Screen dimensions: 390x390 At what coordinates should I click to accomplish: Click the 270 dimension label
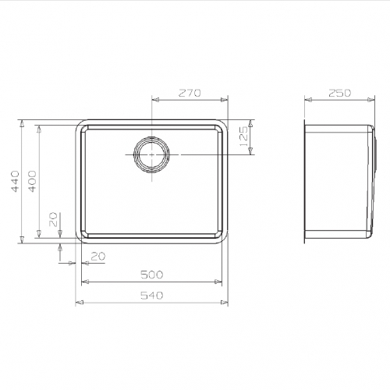[x=190, y=93]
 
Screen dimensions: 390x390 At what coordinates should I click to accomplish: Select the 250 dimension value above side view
[x=339, y=93]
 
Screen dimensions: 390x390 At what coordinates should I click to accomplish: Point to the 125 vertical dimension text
[x=243, y=136]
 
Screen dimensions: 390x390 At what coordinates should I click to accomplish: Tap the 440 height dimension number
[x=15, y=181]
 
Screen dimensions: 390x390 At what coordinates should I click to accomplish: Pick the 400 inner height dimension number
[x=32, y=181]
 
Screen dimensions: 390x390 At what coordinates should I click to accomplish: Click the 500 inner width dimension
[x=151, y=275]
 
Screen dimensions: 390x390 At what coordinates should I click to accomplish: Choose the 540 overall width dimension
[x=151, y=296]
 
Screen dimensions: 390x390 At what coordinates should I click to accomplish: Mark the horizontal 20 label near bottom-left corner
[x=98, y=257]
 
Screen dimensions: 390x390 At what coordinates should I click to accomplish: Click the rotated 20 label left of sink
[x=53, y=219]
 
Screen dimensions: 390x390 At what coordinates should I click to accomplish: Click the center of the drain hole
[x=152, y=154]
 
